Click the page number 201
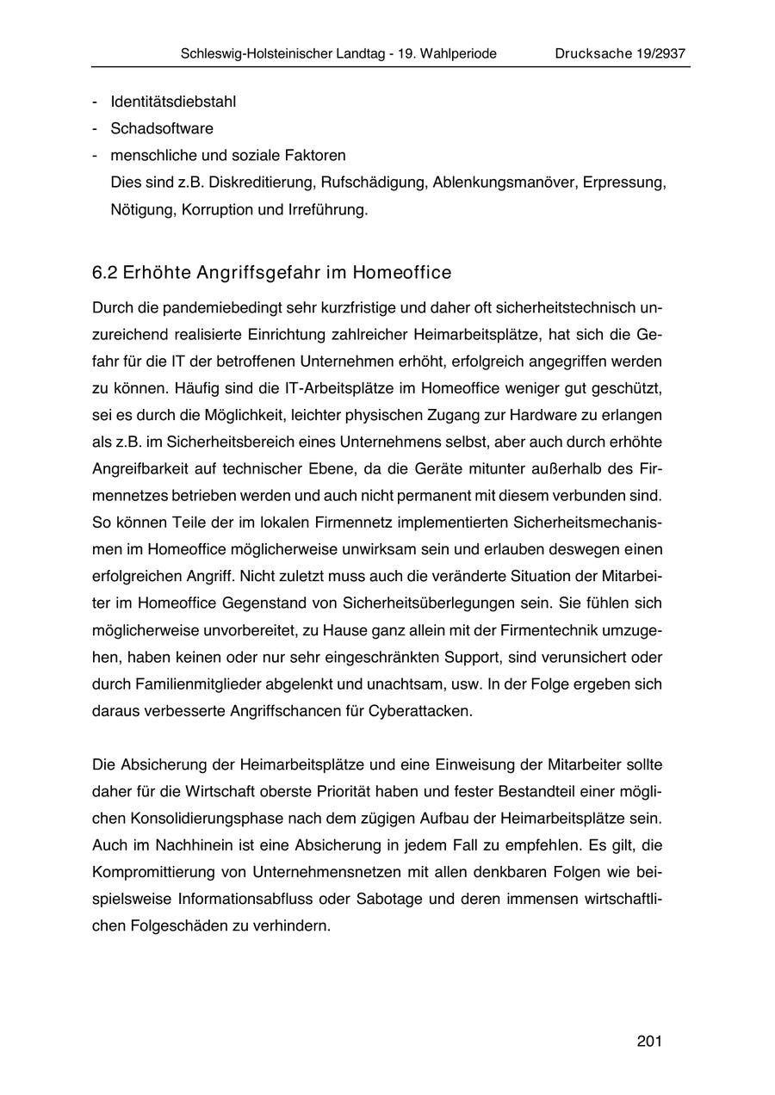[x=649, y=1042]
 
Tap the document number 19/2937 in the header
[x=654, y=53]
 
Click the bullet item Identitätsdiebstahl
[x=173, y=102]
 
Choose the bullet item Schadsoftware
[x=162, y=129]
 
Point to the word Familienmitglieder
[x=189, y=685]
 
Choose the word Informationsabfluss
[x=244, y=900]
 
